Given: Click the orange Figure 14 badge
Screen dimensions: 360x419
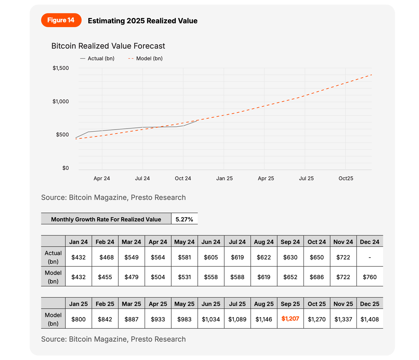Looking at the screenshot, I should pyautogui.click(x=61, y=20).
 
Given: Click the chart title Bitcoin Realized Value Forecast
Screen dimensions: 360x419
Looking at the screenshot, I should pyautogui.click(x=108, y=46).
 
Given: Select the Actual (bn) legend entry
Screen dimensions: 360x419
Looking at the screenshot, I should pyautogui.click(x=97, y=59).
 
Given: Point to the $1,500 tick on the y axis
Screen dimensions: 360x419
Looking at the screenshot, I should pyautogui.click(x=61, y=68).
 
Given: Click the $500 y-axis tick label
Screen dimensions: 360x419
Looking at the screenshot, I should pyautogui.click(x=63, y=135).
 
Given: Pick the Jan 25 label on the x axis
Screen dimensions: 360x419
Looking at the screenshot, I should pyautogui.click(x=225, y=178).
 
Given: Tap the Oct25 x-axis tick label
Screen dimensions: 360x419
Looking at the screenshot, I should pyautogui.click(x=346, y=178).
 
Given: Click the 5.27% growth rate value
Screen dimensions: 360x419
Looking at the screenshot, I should pyautogui.click(x=184, y=219).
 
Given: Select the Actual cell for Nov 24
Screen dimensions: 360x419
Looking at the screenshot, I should pyautogui.click(x=343, y=257).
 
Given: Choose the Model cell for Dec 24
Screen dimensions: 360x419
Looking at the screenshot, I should pyautogui.click(x=370, y=277).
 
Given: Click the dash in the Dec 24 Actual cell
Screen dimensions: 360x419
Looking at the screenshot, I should pyautogui.click(x=370, y=257).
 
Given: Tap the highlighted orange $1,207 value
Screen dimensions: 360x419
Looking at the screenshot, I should pyautogui.click(x=290, y=319).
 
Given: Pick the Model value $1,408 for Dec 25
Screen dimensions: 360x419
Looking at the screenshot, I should pyautogui.click(x=370, y=319).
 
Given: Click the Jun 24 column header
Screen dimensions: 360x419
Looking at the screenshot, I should pyautogui.click(x=211, y=242).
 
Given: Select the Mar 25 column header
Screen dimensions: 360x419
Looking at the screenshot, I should pyautogui.click(x=131, y=304).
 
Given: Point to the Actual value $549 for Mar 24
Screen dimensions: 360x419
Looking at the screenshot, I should pyautogui.click(x=131, y=257).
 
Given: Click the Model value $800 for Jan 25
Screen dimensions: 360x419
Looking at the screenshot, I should pyautogui.click(x=79, y=319).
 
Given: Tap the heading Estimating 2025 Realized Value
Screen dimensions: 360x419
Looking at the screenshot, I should pyautogui.click(x=142, y=21).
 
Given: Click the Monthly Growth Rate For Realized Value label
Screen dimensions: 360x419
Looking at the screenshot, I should pyautogui.click(x=106, y=219).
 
